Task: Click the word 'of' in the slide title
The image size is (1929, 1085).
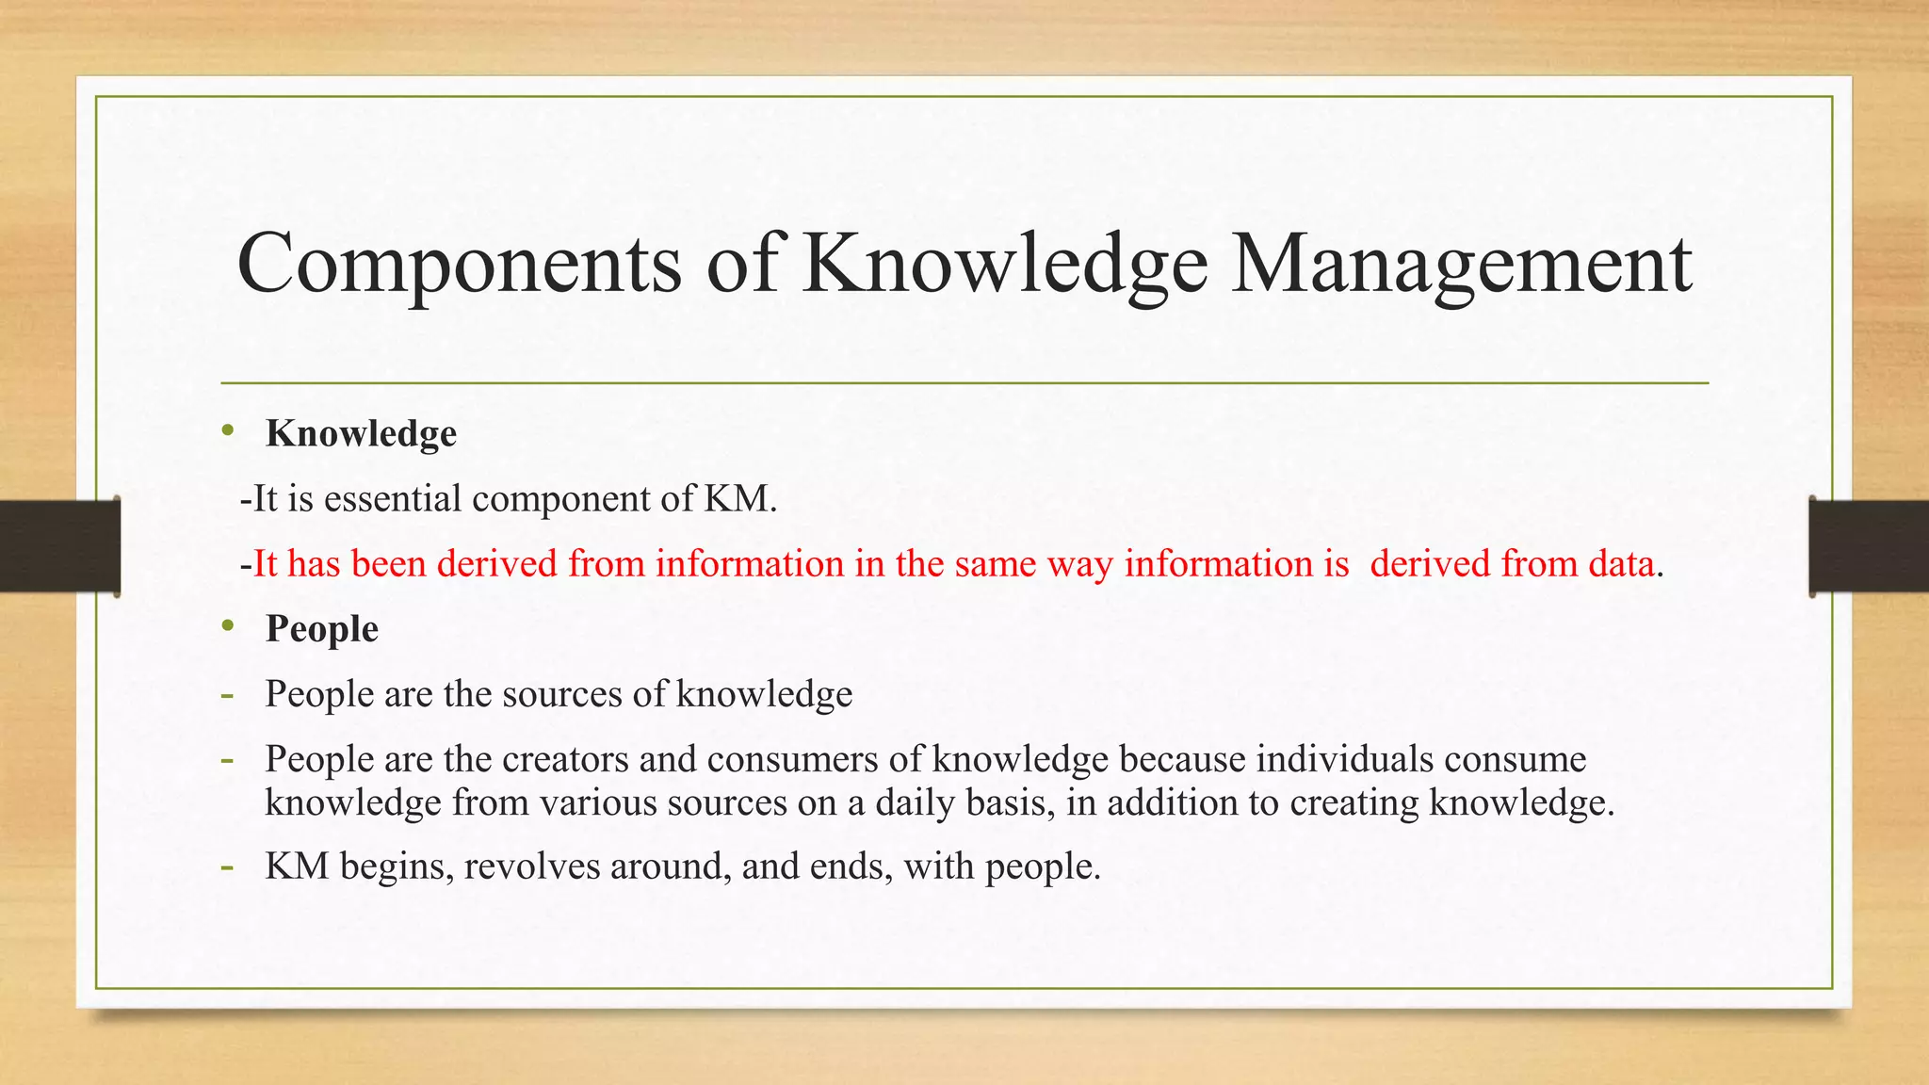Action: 742,264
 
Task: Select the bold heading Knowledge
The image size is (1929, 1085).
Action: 361,433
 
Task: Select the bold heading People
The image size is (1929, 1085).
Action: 322,628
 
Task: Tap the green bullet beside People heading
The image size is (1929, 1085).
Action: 227,626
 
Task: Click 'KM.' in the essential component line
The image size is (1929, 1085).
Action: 740,498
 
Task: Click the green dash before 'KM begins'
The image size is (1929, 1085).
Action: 227,866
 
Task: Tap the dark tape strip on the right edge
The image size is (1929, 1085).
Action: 1869,546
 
